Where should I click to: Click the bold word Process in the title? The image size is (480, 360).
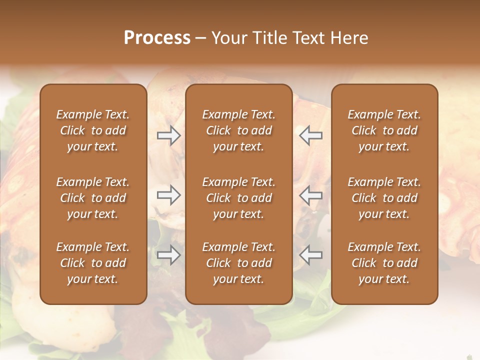[x=157, y=38]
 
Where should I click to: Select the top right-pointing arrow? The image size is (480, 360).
[x=168, y=135]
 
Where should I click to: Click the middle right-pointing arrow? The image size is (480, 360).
[x=168, y=195]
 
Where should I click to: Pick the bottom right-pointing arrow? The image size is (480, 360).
[x=168, y=255]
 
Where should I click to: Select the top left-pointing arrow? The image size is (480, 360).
[x=310, y=135]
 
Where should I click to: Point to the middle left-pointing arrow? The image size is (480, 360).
[x=310, y=195]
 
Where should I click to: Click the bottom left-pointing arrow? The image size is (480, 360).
[x=310, y=255]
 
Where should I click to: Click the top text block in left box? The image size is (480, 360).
[x=93, y=130]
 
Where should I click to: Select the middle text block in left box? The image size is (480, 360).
[x=93, y=198]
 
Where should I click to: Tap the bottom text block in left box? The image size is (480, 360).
[x=93, y=263]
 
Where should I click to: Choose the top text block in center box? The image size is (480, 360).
[x=238, y=130]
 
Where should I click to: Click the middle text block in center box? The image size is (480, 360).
[x=238, y=198]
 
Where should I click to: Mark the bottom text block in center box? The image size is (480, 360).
[x=238, y=263]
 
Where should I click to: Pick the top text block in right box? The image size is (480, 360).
[x=384, y=130]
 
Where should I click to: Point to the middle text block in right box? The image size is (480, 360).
[x=384, y=198]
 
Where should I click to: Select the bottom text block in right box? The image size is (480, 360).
[x=384, y=263]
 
